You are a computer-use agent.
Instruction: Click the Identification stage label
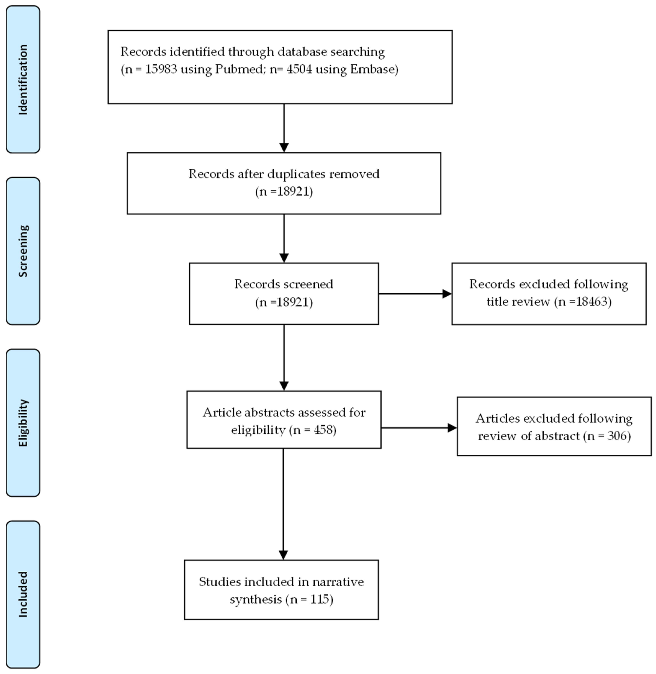click(x=23, y=80)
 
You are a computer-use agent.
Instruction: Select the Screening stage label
click(x=23, y=251)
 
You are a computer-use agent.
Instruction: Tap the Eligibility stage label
click(x=23, y=423)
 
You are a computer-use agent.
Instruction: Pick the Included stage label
click(x=23, y=594)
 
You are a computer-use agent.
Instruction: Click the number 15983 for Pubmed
click(x=161, y=69)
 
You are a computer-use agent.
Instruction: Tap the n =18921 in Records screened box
click(x=284, y=302)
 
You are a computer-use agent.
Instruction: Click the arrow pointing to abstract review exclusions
click(x=419, y=428)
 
